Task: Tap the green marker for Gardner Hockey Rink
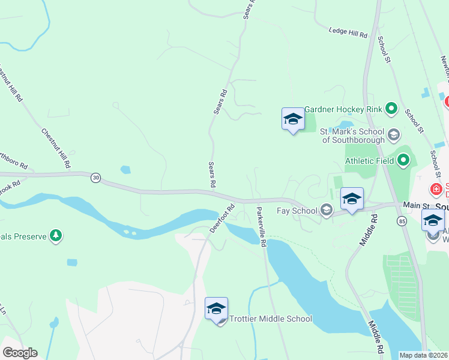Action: (x=392, y=109)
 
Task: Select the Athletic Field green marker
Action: (x=403, y=160)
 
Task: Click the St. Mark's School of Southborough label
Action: (x=352, y=136)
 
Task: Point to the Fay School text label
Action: (x=297, y=210)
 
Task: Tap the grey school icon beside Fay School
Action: (x=326, y=209)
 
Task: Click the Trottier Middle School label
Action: (x=271, y=319)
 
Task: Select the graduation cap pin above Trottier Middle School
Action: (x=216, y=310)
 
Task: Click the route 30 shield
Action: (x=95, y=178)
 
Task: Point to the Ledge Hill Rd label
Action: (x=349, y=32)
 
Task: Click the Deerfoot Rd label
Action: (x=221, y=219)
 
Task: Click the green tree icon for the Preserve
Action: (x=56, y=236)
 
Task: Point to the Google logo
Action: (x=20, y=353)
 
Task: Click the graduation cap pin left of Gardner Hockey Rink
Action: (x=293, y=119)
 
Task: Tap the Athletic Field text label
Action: (x=369, y=160)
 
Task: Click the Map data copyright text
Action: (x=423, y=355)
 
